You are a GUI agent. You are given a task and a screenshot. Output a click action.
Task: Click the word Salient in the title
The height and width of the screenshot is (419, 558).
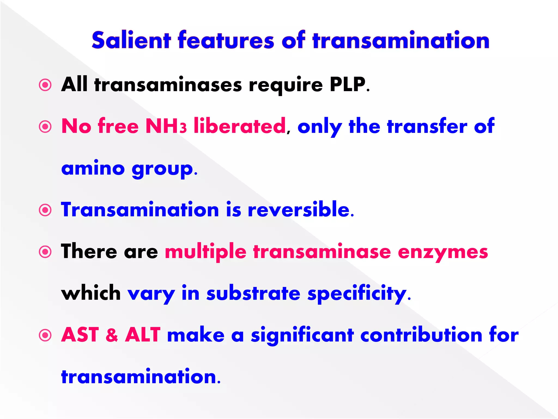tap(131, 40)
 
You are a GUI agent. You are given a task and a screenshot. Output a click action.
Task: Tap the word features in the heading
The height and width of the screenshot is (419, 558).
tap(226, 40)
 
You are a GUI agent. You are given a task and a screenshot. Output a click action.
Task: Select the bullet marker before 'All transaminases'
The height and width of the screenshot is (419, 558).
tap(45, 85)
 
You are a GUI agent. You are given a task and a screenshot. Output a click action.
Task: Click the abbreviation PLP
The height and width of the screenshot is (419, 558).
tap(347, 85)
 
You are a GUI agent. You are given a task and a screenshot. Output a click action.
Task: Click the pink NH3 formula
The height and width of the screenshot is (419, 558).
tap(166, 126)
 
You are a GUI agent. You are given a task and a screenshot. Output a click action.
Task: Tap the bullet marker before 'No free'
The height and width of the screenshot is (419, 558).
tap(45, 127)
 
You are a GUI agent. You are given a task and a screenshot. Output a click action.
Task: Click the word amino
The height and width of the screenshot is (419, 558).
tap(93, 168)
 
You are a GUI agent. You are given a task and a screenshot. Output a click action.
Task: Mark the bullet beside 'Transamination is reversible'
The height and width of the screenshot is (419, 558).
tap(45, 210)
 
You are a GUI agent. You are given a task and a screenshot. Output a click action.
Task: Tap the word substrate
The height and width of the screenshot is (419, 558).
tap(253, 294)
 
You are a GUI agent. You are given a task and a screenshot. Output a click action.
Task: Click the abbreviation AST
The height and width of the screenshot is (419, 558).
tap(80, 335)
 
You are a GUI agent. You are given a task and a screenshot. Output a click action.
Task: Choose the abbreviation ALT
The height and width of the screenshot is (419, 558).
tap(143, 335)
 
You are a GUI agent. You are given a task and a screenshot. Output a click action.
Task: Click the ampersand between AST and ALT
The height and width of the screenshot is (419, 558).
tap(112, 335)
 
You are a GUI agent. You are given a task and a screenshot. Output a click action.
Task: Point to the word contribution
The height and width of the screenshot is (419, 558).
tap(421, 335)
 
